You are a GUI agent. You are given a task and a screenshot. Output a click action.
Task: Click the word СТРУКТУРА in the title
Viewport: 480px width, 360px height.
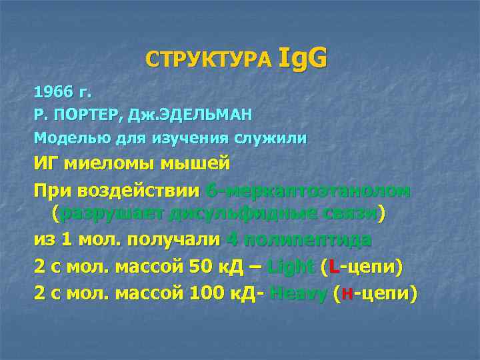click(x=209, y=61)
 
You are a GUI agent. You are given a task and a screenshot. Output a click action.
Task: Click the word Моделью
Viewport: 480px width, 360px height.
click(x=71, y=138)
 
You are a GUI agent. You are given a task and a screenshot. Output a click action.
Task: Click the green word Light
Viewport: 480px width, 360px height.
click(x=290, y=267)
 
